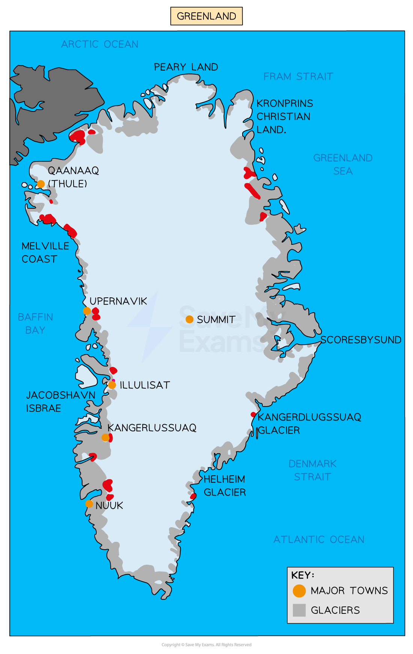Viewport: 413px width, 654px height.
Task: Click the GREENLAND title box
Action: (206, 16)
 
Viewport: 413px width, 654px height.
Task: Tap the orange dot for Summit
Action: (190, 319)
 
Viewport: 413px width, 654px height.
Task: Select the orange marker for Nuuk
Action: (89, 504)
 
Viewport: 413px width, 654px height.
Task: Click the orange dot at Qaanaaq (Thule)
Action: (41, 184)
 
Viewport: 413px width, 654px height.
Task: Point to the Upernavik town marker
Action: (87, 311)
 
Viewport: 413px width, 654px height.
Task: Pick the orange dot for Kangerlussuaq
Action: (106, 437)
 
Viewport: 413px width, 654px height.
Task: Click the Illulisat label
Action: (145, 385)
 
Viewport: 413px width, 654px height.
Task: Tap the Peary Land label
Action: (186, 67)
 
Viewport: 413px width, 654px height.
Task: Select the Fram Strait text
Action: (298, 77)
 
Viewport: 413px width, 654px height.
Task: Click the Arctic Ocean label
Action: (100, 44)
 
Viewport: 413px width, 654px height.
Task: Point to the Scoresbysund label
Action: (361, 340)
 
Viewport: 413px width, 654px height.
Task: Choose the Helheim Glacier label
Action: (225, 486)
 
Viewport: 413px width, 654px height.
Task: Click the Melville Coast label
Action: (45, 253)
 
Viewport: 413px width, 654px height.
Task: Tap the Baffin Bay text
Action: (35, 324)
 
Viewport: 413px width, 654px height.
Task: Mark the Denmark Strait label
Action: (312, 470)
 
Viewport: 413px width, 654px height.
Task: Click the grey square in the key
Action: (299, 610)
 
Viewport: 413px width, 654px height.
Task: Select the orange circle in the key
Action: (299, 591)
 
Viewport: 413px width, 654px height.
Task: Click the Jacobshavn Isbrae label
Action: (60, 402)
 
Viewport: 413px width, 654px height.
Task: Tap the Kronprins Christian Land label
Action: (284, 116)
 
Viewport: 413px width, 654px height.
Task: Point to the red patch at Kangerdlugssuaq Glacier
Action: (253, 414)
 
